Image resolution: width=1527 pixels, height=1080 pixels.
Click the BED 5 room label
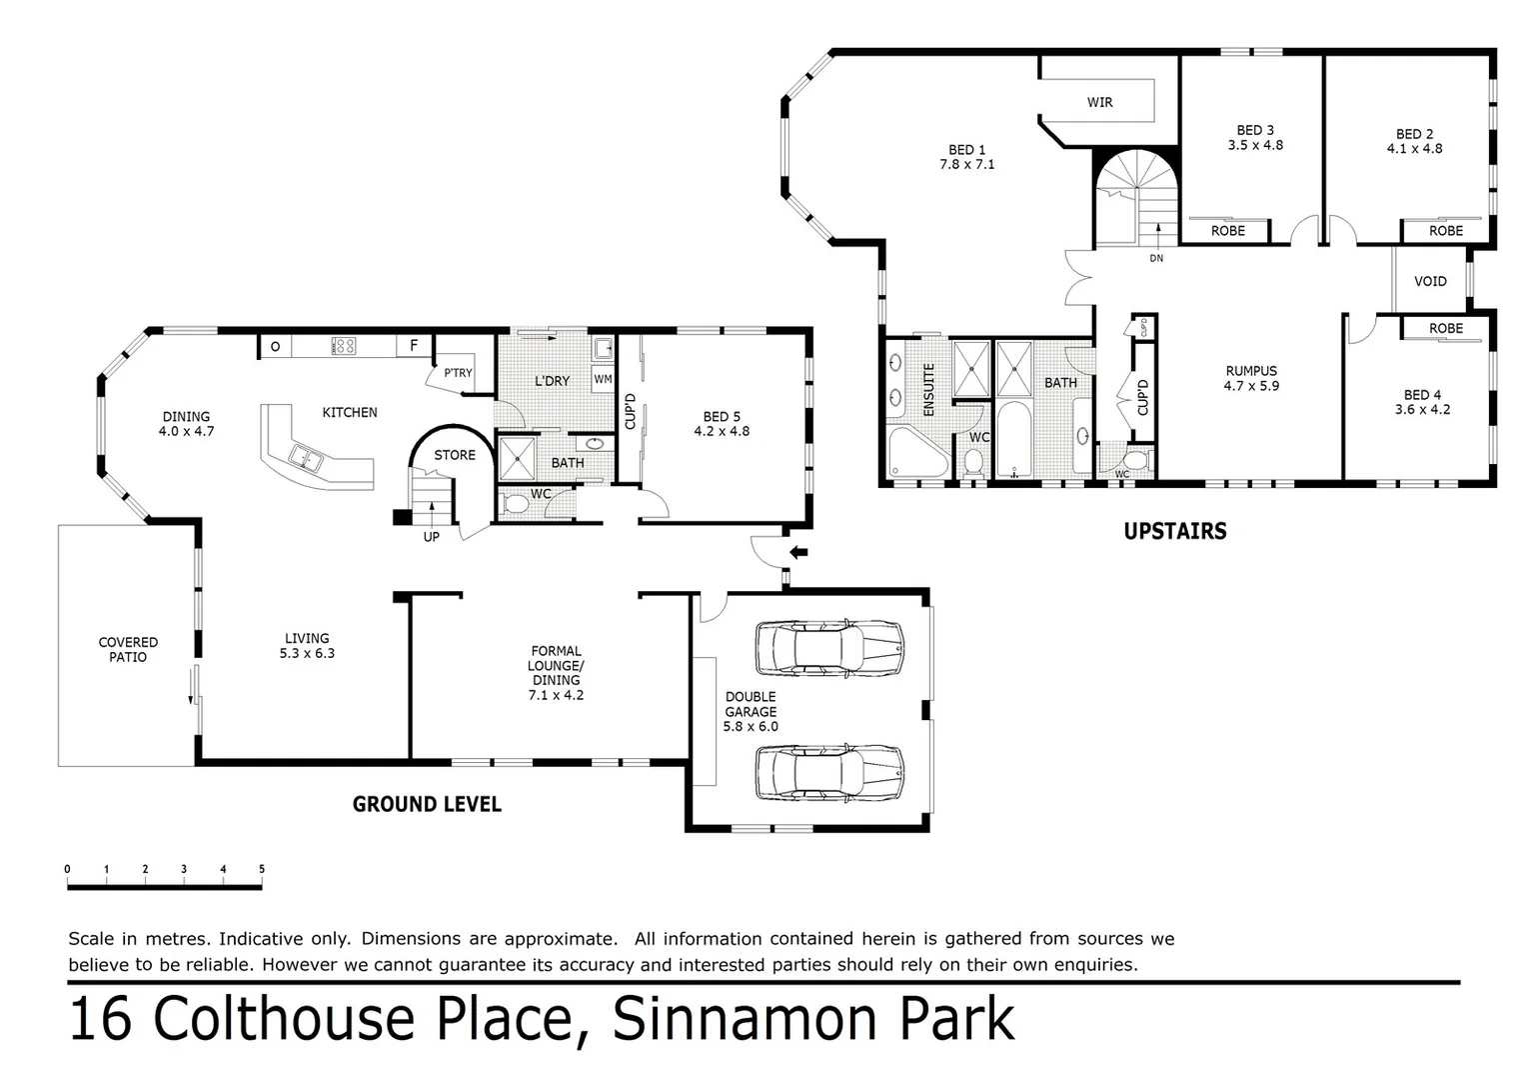click(x=722, y=417)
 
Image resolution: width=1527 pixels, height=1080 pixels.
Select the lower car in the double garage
click(x=828, y=772)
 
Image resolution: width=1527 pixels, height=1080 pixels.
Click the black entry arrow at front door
click(x=798, y=552)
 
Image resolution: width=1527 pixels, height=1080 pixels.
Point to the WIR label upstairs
click(x=1099, y=102)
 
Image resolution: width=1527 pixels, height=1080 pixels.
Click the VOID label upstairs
click(x=1430, y=281)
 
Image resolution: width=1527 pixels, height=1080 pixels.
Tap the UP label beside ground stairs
click(x=431, y=537)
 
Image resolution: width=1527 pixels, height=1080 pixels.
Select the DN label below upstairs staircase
click(x=1156, y=258)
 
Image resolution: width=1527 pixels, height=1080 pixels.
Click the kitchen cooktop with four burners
click(x=343, y=346)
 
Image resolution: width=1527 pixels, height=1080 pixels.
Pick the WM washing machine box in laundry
click(x=603, y=379)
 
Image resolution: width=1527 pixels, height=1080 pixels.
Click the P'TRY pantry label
click(x=458, y=373)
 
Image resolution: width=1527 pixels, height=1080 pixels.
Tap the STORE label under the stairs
click(x=455, y=455)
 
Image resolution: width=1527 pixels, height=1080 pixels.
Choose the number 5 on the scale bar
click(x=262, y=870)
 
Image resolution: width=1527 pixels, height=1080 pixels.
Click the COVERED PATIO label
click(x=128, y=650)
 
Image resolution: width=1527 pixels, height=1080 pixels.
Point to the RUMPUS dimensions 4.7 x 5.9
click(x=1251, y=386)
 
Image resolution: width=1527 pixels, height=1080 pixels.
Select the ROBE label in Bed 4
click(x=1445, y=328)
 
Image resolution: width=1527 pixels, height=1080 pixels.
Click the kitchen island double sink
click(x=305, y=458)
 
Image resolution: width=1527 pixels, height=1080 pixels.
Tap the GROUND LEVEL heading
click(x=427, y=804)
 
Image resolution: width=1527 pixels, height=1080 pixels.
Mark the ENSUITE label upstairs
click(x=928, y=390)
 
